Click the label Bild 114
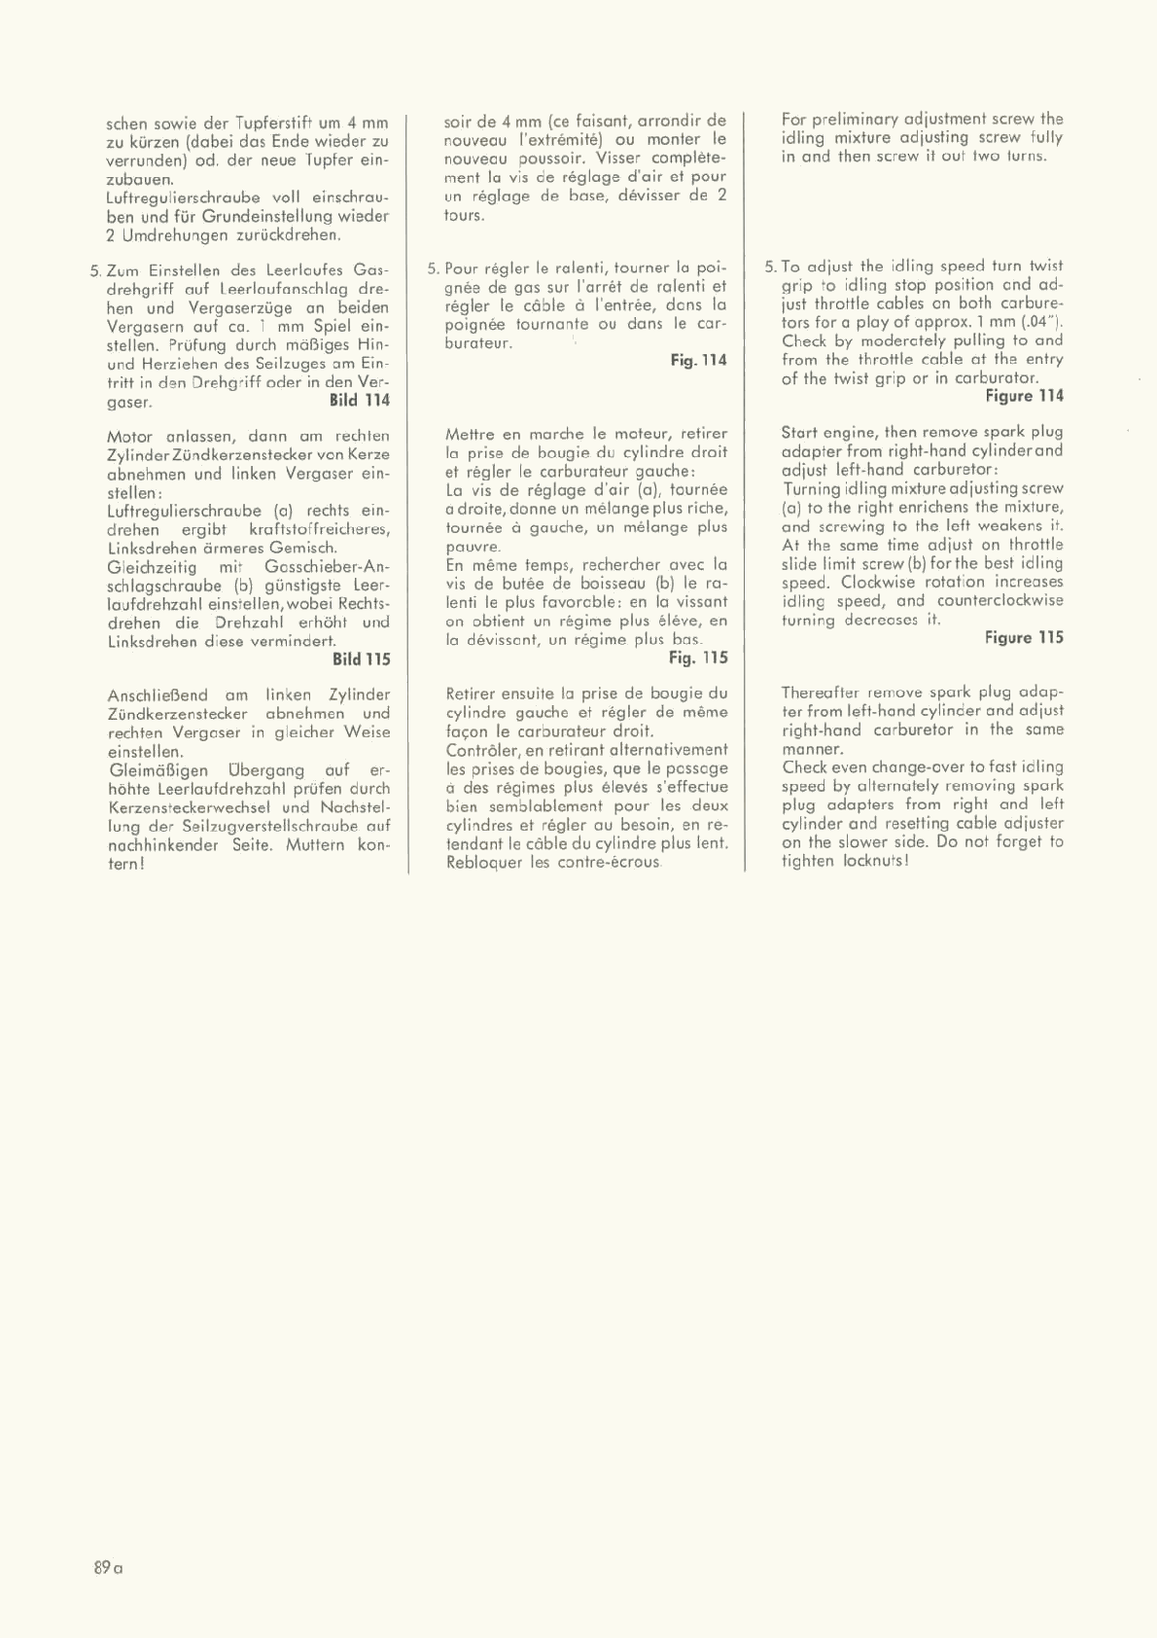point(360,400)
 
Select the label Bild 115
point(361,659)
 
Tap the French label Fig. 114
point(698,360)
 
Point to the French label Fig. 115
point(698,658)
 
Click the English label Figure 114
point(1024,396)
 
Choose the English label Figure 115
point(1024,638)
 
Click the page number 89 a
point(109,1568)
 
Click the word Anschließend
point(157,695)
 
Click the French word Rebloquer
point(485,863)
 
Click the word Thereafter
point(821,693)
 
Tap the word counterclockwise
point(1000,601)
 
